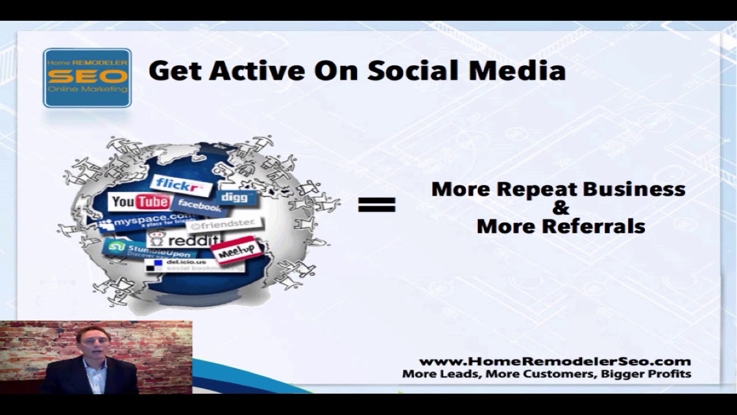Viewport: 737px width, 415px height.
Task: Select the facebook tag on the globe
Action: (x=199, y=205)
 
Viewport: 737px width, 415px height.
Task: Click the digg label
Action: (x=235, y=197)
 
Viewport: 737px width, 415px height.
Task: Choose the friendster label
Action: (x=225, y=224)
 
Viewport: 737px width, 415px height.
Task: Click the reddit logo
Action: (x=184, y=239)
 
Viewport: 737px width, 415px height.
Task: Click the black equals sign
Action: (x=377, y=205)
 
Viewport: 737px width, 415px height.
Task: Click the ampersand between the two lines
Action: (x=560, y=207)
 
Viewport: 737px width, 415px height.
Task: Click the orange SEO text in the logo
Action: (x=87, y=77)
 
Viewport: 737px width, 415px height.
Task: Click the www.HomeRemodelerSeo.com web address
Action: (x=554, y=361)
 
